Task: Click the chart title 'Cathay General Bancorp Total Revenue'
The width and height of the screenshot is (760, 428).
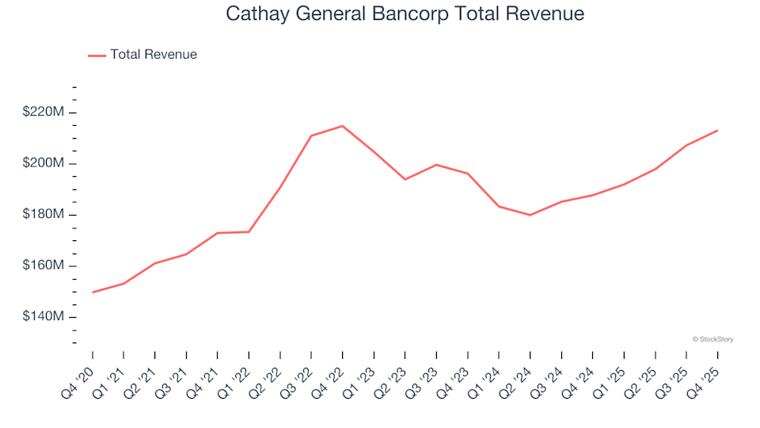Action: point(405,13)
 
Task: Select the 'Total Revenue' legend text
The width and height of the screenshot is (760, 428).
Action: point(154,55)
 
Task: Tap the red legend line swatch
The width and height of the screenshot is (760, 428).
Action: point(97,55)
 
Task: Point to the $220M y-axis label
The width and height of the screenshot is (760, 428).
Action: point(44,113)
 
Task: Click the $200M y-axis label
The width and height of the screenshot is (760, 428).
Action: point(44,164)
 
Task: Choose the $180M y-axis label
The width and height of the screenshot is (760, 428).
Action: point(44,215)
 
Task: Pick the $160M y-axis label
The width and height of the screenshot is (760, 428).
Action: point(44,266)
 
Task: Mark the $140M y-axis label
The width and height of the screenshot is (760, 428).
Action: point(44,317)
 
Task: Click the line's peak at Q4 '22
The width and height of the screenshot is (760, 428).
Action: point(342,126)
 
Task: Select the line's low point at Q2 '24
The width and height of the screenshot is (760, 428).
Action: point(530,215)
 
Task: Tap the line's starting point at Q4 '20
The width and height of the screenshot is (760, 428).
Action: point(93,292)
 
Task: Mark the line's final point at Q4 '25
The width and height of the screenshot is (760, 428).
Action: point(717,131)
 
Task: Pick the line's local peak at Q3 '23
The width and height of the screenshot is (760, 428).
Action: point(436,165)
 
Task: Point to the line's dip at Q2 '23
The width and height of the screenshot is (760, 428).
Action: point(405,179)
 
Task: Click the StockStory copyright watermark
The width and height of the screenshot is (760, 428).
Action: point(712,339)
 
